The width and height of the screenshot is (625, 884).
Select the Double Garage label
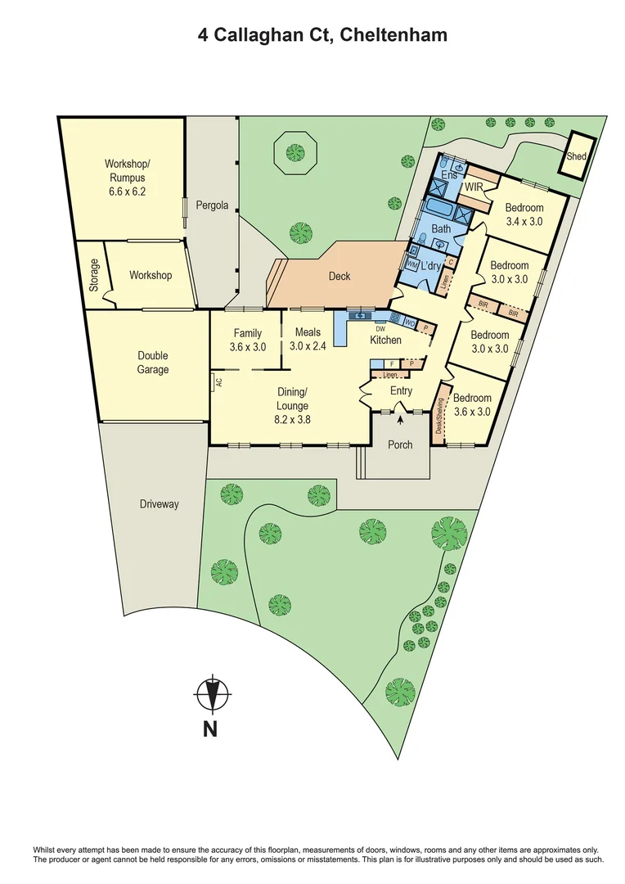point(153,363)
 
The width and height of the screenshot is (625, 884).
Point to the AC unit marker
point(218,381)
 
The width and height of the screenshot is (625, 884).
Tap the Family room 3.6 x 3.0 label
point(248,340)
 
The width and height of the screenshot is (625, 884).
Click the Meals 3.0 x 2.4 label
point(308,340)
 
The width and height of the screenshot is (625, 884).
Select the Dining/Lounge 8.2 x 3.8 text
point(292,405)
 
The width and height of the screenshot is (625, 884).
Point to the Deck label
point(339,277)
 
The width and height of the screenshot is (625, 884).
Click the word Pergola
point(212,205)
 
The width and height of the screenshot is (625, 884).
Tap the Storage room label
point(95,275)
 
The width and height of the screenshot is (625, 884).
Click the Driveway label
point(159,504)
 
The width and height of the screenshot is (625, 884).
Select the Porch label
point(401,445)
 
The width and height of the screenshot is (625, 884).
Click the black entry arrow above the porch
point(401,420)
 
